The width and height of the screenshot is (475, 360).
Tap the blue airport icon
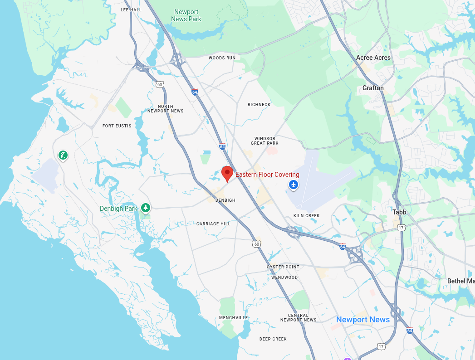294,185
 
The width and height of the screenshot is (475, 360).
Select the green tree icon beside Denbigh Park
145,208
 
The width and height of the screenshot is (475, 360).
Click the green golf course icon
63,156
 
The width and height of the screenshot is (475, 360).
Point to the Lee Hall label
131,10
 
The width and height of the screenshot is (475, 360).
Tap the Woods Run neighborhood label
222,58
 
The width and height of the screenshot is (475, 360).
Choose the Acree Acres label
373,58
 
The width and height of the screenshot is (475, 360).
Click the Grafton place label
373,88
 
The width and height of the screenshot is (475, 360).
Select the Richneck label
259,105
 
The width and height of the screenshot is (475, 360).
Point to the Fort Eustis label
117,126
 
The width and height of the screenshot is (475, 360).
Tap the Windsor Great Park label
266,141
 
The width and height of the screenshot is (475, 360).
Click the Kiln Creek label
306,216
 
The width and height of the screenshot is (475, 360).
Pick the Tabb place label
399,212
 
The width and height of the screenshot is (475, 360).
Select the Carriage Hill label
213,224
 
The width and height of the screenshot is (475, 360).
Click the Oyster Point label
283,267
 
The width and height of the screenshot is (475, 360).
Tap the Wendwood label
284,277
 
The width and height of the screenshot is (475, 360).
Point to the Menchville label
234,318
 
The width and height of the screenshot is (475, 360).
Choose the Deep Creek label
273,339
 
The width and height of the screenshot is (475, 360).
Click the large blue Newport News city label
363,320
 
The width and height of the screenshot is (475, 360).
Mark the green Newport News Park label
186,15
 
